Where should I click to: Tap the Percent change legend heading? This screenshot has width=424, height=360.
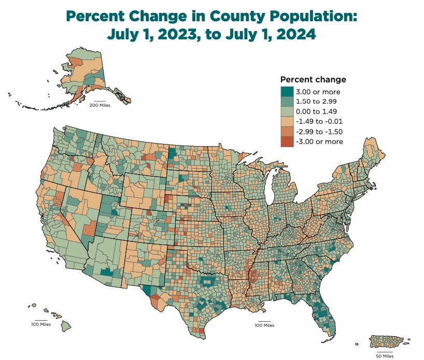click(313, 80)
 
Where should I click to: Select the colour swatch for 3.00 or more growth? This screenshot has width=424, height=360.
click(286, 92)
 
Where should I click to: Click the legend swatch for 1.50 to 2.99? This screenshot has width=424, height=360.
click(286, 102)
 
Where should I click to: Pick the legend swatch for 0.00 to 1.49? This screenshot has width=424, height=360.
click(286, 111)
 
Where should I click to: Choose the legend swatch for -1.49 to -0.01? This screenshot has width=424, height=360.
click(286, 122)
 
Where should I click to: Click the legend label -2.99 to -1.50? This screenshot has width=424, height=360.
click(319, 132)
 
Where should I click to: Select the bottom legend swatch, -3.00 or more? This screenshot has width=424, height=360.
click(286, 141)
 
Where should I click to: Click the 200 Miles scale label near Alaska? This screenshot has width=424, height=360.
click(100, 105)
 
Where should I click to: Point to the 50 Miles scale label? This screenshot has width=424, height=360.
click(384, 356)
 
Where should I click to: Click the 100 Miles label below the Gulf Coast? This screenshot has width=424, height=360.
click(264, 325)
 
